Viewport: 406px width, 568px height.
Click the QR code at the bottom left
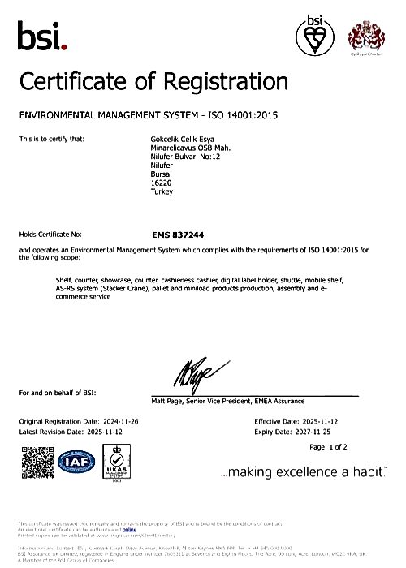click(36, 463)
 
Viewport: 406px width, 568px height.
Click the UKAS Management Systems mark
click(119, 463)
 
